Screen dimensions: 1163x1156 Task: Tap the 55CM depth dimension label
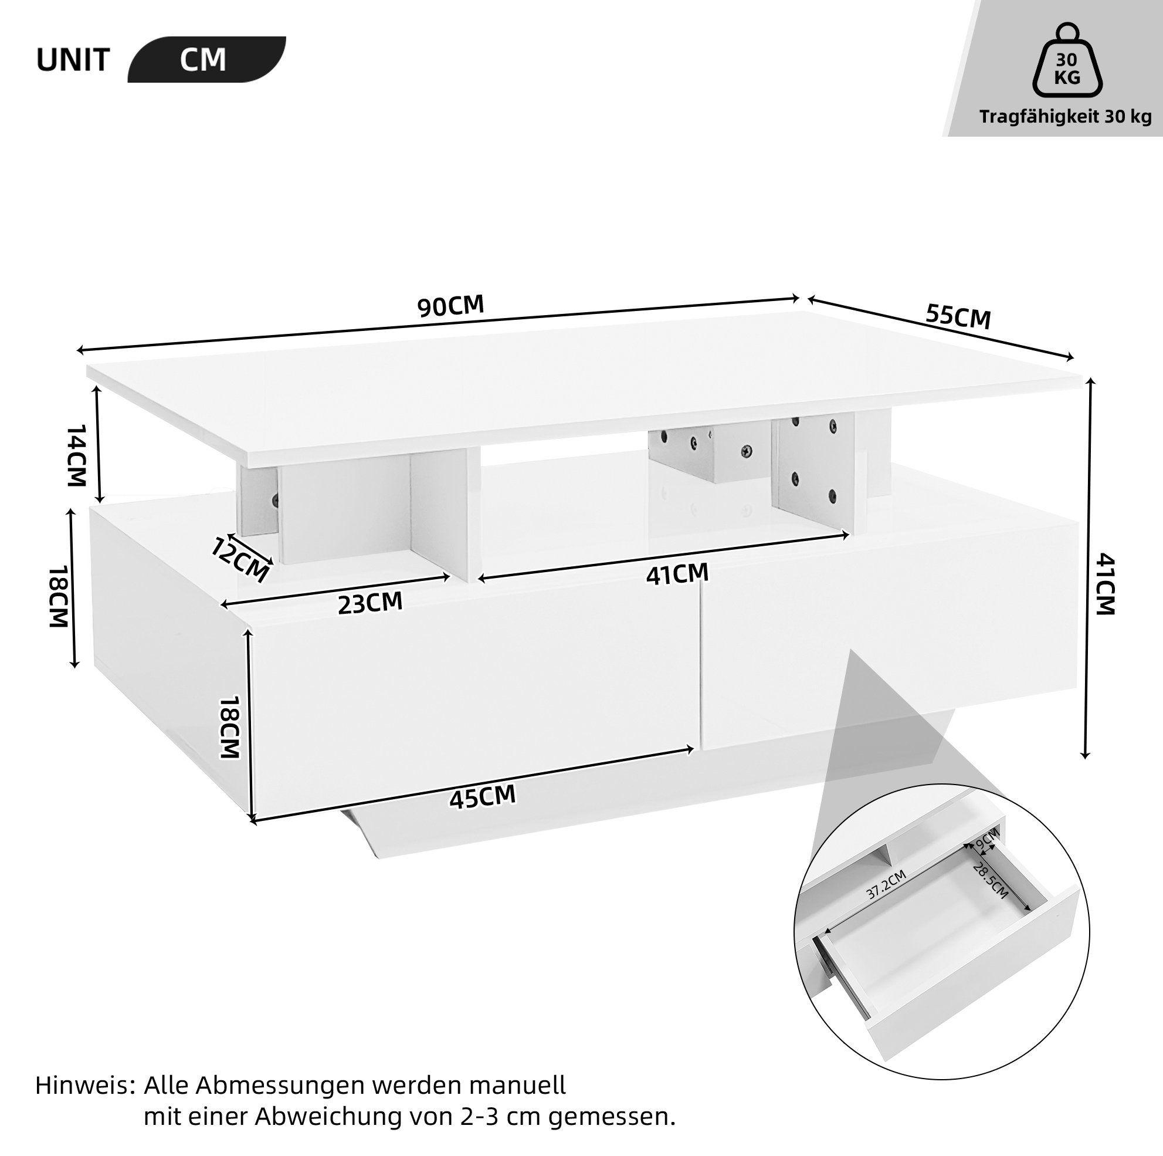(x=958, y=316)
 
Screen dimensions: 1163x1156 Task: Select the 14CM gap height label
(x=76, y=455)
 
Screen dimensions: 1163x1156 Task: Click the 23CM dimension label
(x=369, y=603)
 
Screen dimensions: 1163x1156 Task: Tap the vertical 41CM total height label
(x=1104, y=584)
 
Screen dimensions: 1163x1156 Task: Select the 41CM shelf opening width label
(x=677, y=574)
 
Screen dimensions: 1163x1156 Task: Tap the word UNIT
(x=73, y=60)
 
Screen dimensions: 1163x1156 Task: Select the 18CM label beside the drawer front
(x=229, y=727)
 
